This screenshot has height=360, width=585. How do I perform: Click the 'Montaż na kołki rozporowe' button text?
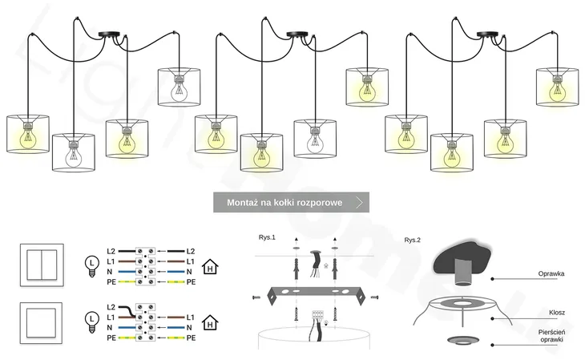tap(284, 203)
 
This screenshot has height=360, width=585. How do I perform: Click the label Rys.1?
tap(267, 237)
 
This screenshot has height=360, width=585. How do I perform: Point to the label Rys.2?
tap(413, 240)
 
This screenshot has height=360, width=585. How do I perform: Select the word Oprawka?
tap(551, 273)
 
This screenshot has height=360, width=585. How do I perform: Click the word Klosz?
tap(557, 313)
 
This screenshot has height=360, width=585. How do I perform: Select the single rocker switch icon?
tap(37, 322)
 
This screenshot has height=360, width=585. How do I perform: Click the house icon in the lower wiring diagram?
tap(210, 323)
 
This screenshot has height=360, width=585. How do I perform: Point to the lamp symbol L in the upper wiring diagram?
tap(91, 262)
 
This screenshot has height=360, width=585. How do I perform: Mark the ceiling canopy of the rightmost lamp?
tap(487, 34)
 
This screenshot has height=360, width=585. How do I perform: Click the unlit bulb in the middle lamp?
tap(315, 140)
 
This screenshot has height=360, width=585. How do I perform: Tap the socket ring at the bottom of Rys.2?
tap(460, 340)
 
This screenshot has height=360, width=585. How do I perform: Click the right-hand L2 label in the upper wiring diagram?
tap(190, 251)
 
